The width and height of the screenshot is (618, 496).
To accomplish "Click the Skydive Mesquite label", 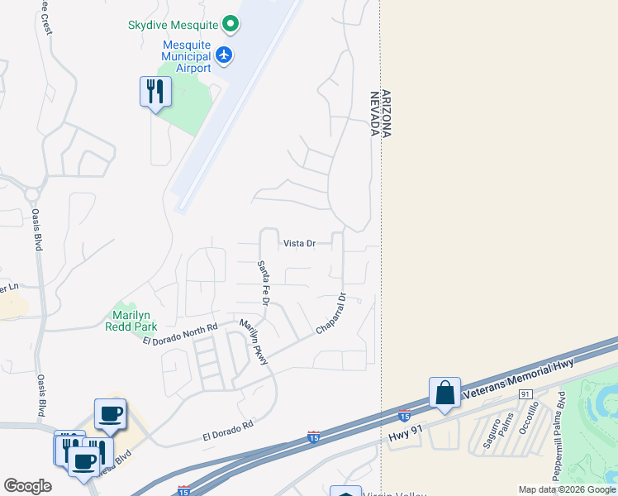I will point(173,25).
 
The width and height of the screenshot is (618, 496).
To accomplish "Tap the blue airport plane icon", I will point(225,55).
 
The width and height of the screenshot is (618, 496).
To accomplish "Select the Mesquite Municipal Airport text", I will point(176,55).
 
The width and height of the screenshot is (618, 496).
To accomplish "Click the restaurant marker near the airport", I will point(154,91).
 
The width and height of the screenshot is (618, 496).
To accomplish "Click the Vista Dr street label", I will point(300,243).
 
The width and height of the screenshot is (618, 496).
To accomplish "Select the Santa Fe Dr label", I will point(263,283).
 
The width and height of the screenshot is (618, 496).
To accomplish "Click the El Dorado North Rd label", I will point(179,334).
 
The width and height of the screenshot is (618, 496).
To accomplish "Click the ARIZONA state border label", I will point(386,114).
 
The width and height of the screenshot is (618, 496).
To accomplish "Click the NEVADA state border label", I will point(374,114).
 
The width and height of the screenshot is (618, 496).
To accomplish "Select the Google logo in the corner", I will point(27,486).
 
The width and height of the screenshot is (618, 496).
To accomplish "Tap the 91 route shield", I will point(525,395).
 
